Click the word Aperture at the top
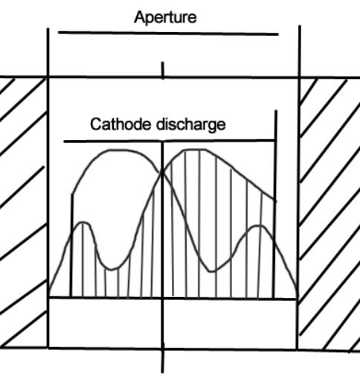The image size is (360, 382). click(165, 18)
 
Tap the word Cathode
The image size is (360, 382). click(120, 124)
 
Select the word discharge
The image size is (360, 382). click(191, 124)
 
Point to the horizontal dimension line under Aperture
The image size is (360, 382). click(168, 34)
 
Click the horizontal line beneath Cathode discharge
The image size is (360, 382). click(169, 141)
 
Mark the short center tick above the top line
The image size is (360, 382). click(163, 70)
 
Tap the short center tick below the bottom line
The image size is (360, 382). click(163, 361)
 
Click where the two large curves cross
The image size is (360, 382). click(162, 172)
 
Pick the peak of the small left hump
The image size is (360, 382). click(83, 223)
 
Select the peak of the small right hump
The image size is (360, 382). click(258, 226)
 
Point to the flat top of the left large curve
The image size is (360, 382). click(119, 150)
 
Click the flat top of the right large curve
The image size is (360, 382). click(195, 150)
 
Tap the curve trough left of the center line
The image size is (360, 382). click(112, 269)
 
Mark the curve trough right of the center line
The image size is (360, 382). click(212, 271)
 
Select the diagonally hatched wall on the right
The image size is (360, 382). click(330, 214)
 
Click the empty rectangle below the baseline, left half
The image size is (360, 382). click(105, 322)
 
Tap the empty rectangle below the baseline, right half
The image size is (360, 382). click(230, 324)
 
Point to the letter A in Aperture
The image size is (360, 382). click(139, 17)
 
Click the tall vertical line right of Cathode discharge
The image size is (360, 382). click(275, 204)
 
